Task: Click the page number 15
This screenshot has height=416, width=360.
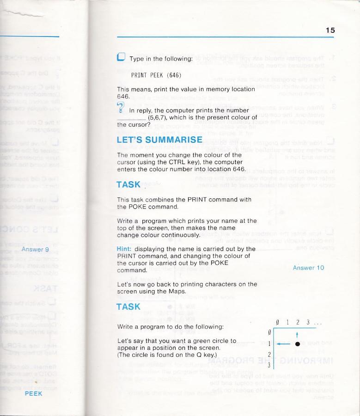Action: [x=330, y=30]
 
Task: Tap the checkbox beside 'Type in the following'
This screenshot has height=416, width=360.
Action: [x=121, y=58]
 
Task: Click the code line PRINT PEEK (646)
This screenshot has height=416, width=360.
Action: [x=156, y=75]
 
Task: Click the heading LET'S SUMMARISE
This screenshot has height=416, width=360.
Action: [x=159, y=139]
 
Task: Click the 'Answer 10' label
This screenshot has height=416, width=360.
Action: [x=308, y=268]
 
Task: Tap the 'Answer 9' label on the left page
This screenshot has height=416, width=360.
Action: [x=35, y=250]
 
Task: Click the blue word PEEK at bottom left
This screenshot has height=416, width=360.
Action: [x=33, y=393]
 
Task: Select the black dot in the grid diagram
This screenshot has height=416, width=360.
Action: [x=298, y=344]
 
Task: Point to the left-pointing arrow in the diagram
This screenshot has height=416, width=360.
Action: [x=282, y=344]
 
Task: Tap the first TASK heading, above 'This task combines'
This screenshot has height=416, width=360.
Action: [x=128, y=184]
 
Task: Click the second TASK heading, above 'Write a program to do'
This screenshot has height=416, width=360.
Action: [x=128, y=306]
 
